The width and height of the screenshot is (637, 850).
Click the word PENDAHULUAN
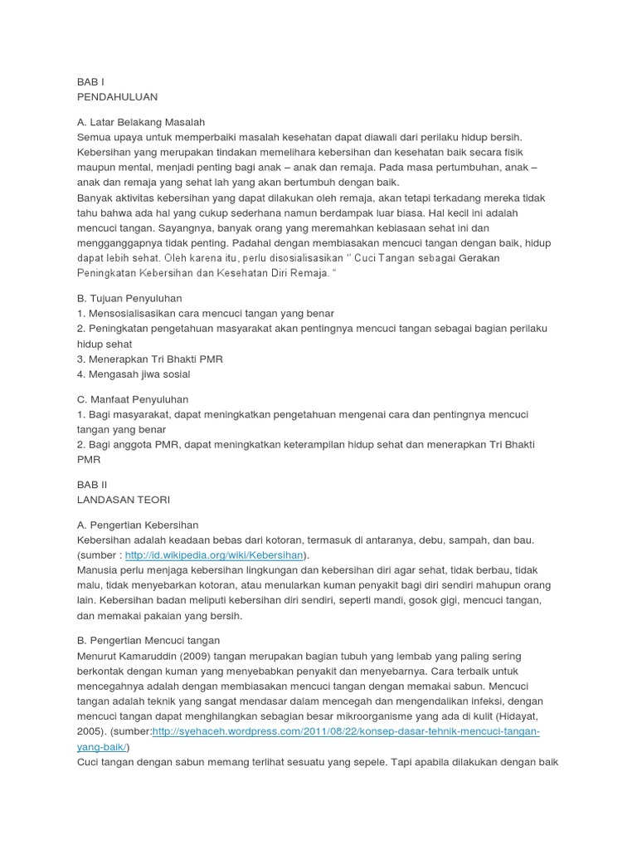pos(117,97)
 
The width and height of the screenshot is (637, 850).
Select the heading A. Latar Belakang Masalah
pos(140,121)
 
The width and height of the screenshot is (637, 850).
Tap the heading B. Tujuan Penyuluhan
pos(129,298)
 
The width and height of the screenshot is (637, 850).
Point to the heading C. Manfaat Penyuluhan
pos(132,399)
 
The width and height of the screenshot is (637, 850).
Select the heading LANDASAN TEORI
pos(123,500)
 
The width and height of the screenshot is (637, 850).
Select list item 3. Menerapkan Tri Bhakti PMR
pos(149,359)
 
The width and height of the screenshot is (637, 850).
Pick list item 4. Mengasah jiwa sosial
pos(133,374)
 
